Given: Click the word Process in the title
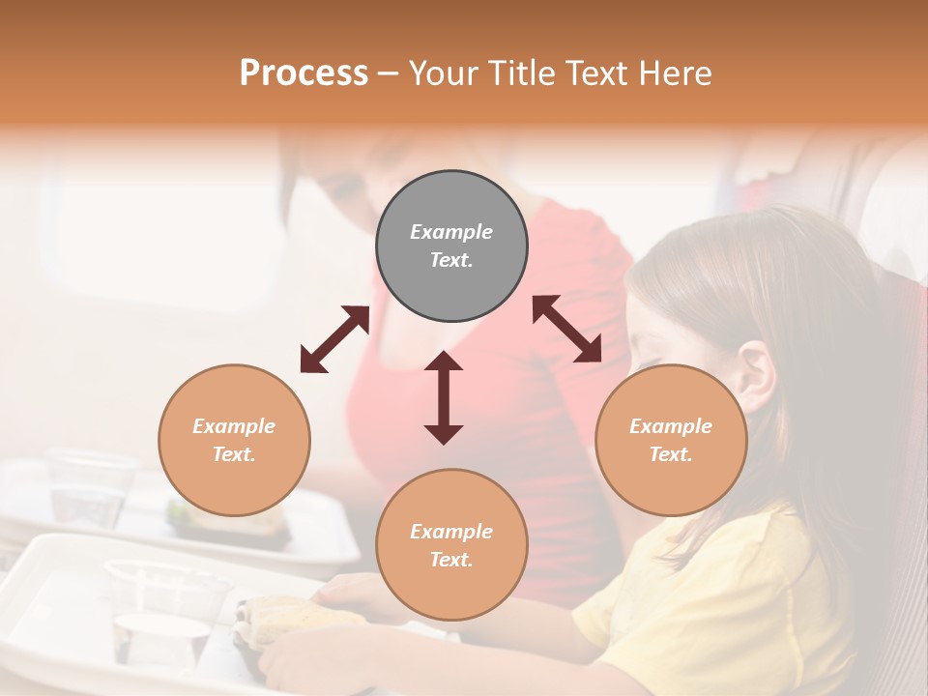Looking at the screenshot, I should point(304,72).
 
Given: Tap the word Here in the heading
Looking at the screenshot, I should point(676,72).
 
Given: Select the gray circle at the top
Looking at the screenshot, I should point(451,246).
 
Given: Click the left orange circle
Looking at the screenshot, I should point(234,440).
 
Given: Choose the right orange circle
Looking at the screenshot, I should point(671,440).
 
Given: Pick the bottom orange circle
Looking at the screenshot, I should point(451,545).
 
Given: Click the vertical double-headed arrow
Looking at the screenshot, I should point(444,397).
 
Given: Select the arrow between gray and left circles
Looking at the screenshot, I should point(334,339).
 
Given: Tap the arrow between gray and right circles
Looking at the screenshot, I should point(567,329).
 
